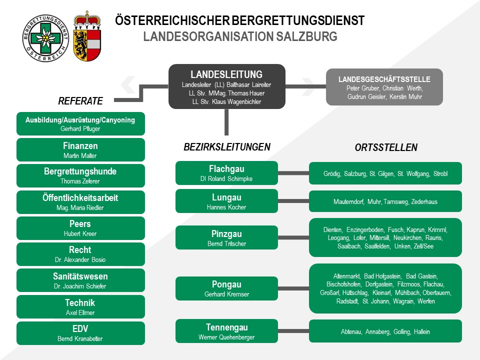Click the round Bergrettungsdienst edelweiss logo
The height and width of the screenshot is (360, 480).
pyautogui.click(x=45, y=38)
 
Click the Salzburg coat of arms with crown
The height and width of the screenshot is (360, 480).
pyautogui.click(x=87, y=36)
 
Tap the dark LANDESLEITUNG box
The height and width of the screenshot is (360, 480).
pyautogui.click(x=227, y=86)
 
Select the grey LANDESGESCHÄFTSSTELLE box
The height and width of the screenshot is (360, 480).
pyautogui.click(x=384, y=87)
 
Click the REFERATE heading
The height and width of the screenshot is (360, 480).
pyautogui.click(x=80, y=100)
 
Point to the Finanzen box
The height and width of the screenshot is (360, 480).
pyautogui.click(x=80, y=149)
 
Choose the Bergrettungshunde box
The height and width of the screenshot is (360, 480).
pyautogui.click(x=80, y=175)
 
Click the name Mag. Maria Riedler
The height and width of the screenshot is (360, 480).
pyautogui.click(x=80, y=207)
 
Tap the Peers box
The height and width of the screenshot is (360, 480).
pyautogui.click(x=80, y=228)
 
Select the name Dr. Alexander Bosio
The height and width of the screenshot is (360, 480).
pyautogui.click(x=80, y=259)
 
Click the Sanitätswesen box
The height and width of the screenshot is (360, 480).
pyautogui.click(x=80, y=280)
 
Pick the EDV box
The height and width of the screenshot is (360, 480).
pyautogui.click(x=80, y=333)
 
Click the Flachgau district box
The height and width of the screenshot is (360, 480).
pyautogui.click(x=226, y=173)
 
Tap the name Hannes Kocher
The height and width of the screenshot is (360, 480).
pyautogui.click(x=226, y=207)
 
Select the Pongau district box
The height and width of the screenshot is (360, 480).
pyautogui.click(x=226, y=288)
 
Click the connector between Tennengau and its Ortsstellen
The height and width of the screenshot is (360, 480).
pyautogui.click(x=293, y=331)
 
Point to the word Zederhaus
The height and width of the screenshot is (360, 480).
pyautogui.click(x=424, y=201)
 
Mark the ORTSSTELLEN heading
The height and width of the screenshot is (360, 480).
pyautogui.click(x=386, y=147)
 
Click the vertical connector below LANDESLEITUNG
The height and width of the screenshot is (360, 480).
pyautogui.click(x=226, y=122)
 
